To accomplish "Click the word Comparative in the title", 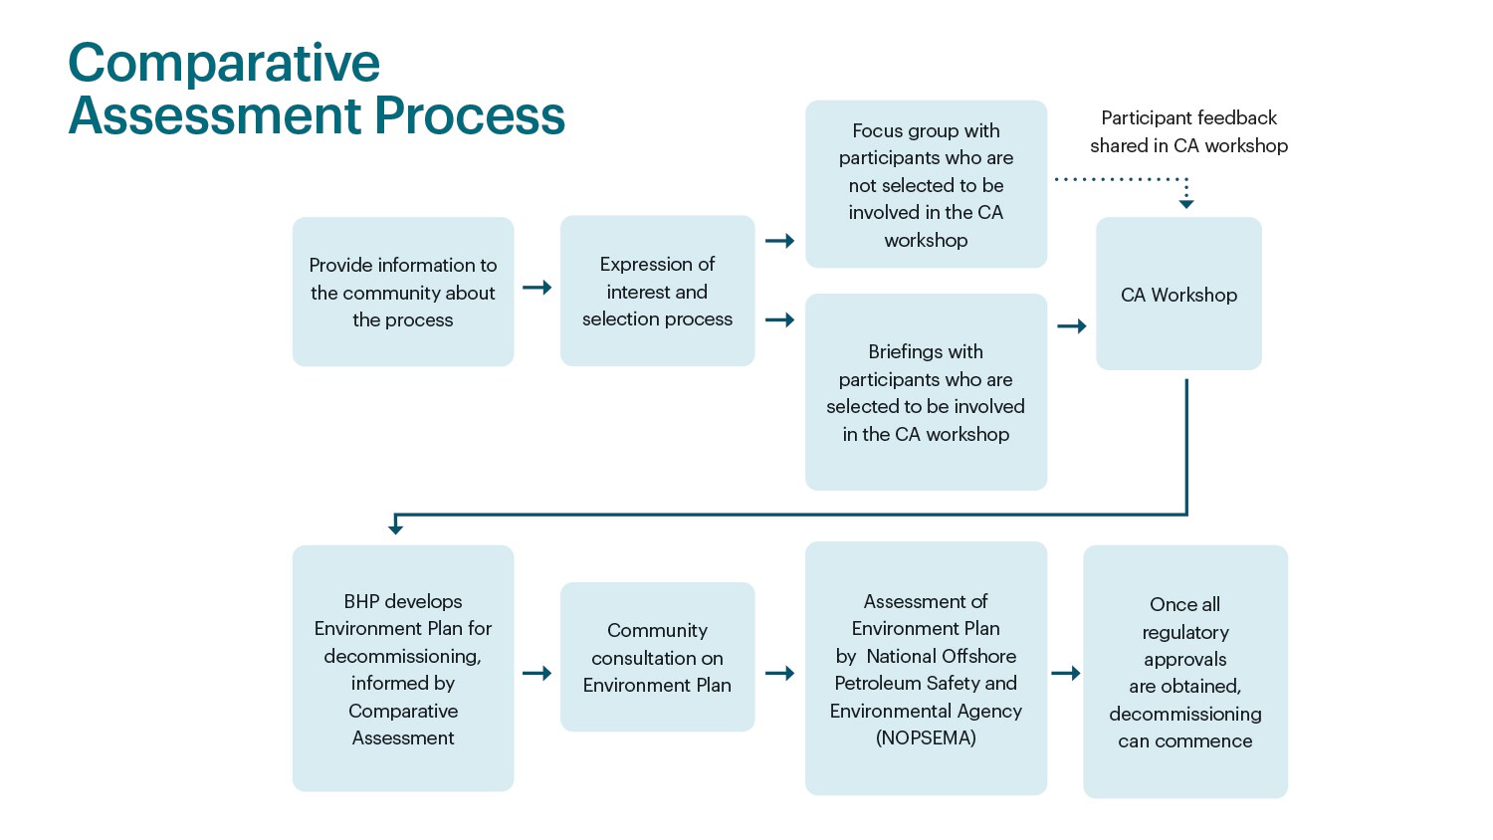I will [224, 64].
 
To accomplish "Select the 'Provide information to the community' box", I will [403, 292].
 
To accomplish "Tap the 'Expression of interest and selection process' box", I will [657, 291].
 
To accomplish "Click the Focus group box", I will [926, 184].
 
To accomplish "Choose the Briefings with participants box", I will [926, 392].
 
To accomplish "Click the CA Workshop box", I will [1178, 295].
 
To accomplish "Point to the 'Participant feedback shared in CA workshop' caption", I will [1188, 131].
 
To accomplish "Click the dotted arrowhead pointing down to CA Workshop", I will [1186, 203].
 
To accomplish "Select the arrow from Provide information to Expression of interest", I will [537, 288].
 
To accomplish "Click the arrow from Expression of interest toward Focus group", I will [780, 241].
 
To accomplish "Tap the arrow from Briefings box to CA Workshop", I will [1072, 326].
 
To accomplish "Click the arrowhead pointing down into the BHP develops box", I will [396, 526].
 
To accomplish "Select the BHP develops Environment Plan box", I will [403, 669].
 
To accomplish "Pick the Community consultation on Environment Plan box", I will [657, 658].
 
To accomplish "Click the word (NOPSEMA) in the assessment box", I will [926, 738].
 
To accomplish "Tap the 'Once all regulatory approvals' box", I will [1184, 672].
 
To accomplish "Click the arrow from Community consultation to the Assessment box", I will [780, 674].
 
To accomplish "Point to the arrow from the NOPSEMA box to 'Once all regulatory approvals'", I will [1066, 674].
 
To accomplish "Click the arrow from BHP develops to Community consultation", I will [537, 674].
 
